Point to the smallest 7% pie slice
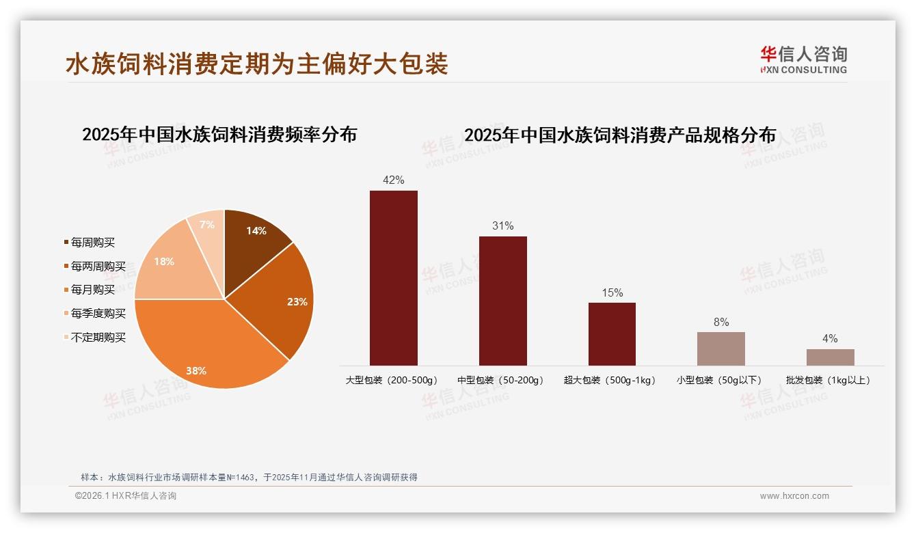tap(208, 225)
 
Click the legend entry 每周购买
tap(92, 243)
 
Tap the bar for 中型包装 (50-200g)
tap(502, 301)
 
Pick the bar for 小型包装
tap(720, 348)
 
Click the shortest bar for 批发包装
tap(830, 357)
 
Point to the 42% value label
tap(393, 180)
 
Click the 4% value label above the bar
tap(830, 339)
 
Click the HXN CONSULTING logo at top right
tap(803, 60)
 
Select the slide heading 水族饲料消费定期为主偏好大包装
tap(256, 64)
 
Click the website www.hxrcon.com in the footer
tap(794, 496)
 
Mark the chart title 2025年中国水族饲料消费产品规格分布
tap(620, 135)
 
